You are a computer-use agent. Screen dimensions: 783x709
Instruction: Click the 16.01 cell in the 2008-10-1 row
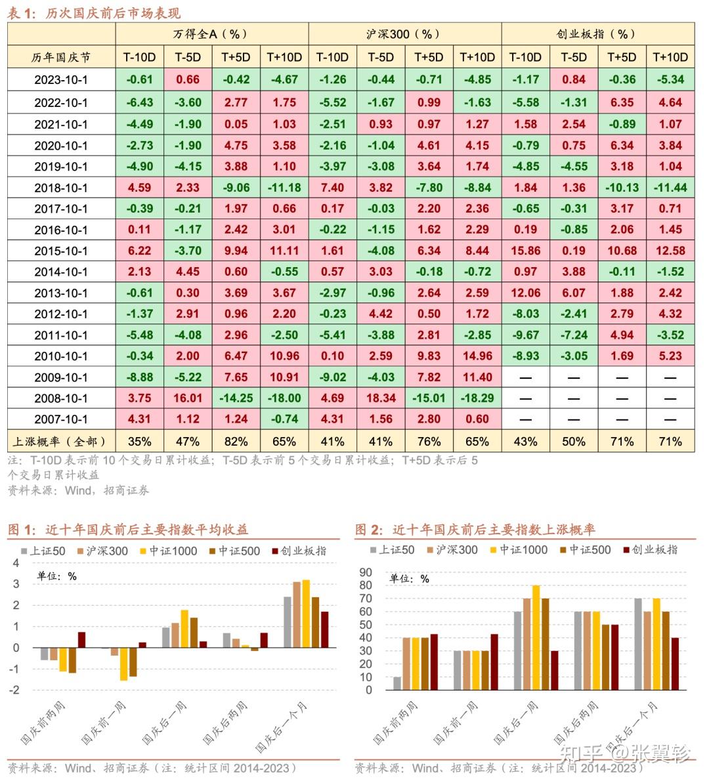(188, 398)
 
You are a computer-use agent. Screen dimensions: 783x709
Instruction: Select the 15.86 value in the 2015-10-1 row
(525, 251)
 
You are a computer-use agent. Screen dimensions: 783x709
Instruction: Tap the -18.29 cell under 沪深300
(477, 398)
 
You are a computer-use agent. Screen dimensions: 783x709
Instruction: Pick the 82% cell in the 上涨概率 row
(236, 442)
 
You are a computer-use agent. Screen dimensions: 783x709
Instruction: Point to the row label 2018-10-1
(61, 188)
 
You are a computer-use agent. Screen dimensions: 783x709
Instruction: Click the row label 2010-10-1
(61, 356)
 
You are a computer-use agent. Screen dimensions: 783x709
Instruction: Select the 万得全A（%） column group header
(211, 34)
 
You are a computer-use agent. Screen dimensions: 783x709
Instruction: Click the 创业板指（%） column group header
(597, 34)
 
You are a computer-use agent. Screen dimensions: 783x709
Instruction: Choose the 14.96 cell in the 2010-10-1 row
(477, 356)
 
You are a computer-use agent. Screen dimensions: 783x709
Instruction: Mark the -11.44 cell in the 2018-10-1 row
(670, 188)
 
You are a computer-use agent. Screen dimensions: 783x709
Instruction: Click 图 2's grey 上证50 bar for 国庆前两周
(397, 683)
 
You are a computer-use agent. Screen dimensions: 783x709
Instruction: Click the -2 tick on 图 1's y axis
(15, 690)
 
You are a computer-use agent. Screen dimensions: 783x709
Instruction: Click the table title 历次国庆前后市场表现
(112, 13)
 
